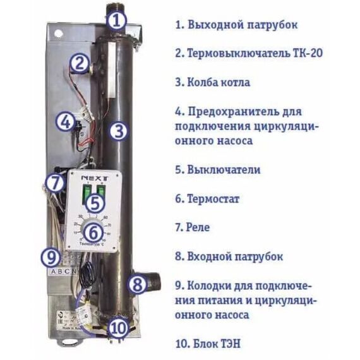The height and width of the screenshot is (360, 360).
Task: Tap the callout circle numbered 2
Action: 80,63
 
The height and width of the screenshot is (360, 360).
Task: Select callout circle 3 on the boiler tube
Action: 118,131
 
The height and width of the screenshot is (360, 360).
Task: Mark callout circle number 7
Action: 56,183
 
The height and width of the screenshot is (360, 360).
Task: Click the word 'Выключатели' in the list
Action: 224,170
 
